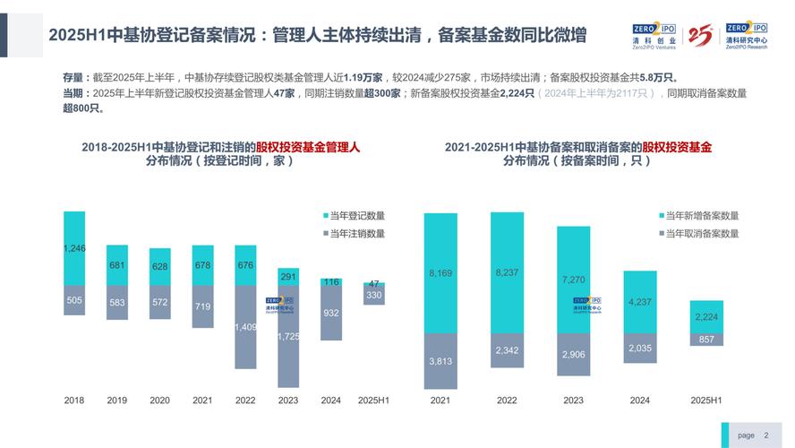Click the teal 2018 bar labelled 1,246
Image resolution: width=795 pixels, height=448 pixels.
click(74, 248)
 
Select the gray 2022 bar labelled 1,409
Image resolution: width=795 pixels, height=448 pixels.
click(246, 327)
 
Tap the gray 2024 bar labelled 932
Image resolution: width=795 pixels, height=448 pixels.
click(331, 313)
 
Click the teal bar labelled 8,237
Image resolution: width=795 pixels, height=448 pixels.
click(508, 272)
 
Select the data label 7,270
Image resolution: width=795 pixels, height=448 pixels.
click(574, 279)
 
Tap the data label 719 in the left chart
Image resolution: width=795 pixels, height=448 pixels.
click(203, 306)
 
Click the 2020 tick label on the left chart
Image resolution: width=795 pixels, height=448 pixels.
click(160, 400)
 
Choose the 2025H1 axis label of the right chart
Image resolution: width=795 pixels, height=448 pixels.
click(707, 400)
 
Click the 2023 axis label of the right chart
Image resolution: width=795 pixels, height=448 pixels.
click(574, 400)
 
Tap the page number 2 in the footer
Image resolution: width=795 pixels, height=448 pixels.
click(765, 435)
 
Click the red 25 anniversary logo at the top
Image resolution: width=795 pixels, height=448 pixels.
click(700, 36)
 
